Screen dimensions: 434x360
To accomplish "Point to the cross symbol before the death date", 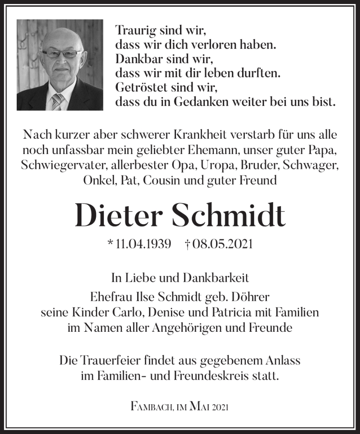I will (188, 244).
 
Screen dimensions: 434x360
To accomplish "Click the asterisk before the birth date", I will (110, 244).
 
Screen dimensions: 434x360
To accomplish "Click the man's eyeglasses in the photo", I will (62, 54).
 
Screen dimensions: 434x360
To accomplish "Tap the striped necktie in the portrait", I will (57, 101).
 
